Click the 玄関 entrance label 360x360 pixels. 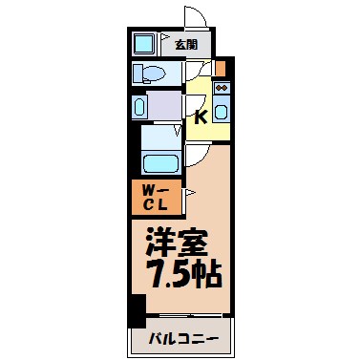click(x=186, y=44)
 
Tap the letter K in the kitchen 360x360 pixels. click(x=201, y=118)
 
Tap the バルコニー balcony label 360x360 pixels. click(x=185, y=338)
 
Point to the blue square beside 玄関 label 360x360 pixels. click(x=146, y=44)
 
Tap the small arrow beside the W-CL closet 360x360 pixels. click(x=189, y=194)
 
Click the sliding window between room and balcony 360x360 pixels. click(x=187, y=316)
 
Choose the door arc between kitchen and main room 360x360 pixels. click(x=199, y=152)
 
